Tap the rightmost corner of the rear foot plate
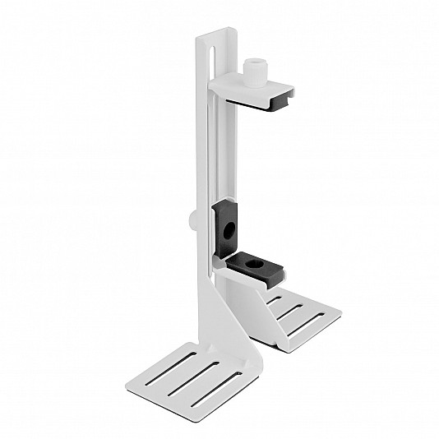coord(340,312)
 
